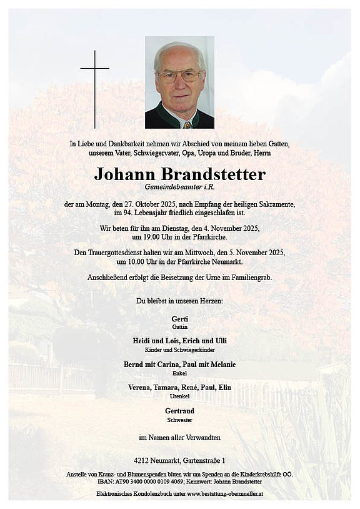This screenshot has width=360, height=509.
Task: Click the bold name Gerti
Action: point(179,319)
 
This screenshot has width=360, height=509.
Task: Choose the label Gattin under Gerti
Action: point(179,327)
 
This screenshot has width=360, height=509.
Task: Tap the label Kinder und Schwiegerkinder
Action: point(179,350)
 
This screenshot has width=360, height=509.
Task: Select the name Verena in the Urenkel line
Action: point(140,388)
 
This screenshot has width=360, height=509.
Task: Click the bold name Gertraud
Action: point(179,410)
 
